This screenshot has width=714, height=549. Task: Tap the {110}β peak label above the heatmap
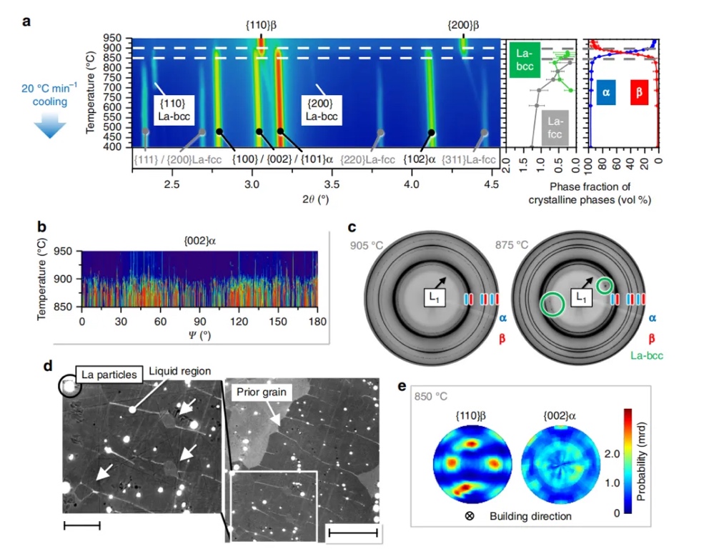coord(260,24)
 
